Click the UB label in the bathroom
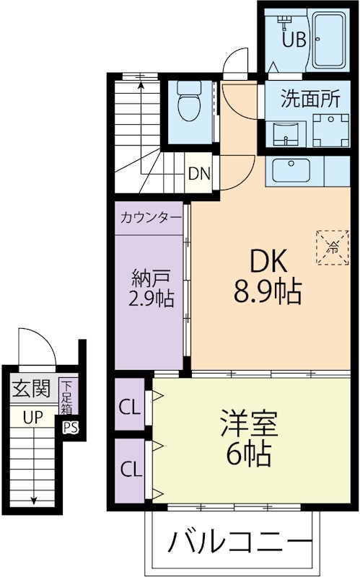pos(293,40)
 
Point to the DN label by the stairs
pos(199,173)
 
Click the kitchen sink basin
pos(290,171)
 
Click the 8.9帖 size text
pos(266,292)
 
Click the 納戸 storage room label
pos(151,277)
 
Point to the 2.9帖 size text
pos(152,299)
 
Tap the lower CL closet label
pos(131,470)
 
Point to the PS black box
pos(70,426)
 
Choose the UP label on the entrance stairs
pos(31,416)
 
